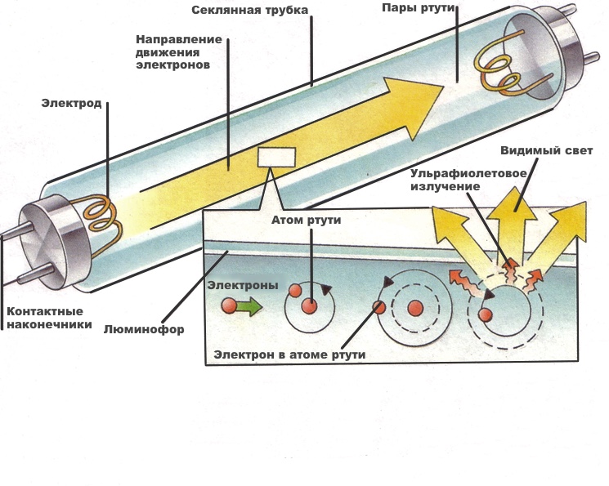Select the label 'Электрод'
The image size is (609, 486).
[x=71, y=104]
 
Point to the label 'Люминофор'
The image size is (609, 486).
[x=144, y=330]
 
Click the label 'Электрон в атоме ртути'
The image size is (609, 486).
[x=289, y=354]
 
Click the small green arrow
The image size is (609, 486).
[x=249, y=307]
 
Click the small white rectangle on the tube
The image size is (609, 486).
[x=275, y=157]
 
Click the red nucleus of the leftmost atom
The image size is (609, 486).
[x=309, y=305]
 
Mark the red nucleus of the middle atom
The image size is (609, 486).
[x=414, y=307]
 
